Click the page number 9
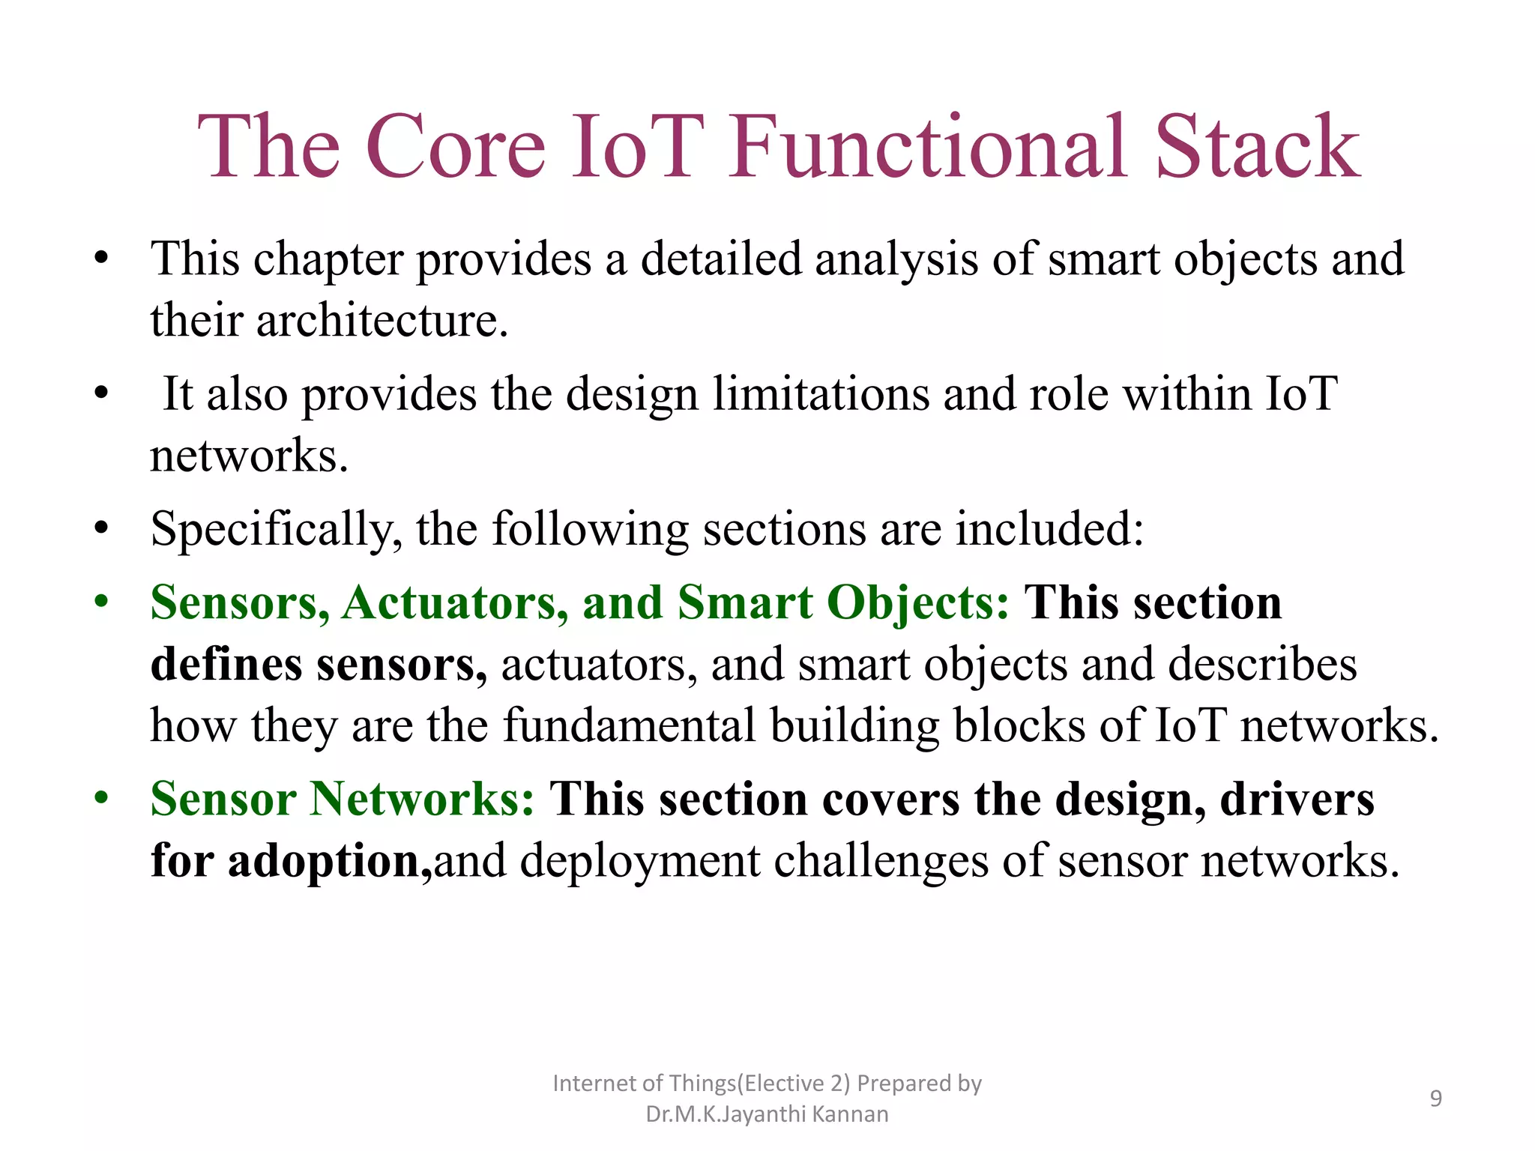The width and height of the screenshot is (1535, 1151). [1435, 1099]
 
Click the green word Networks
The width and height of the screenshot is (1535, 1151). [422, 799]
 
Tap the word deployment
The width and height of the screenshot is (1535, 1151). [639, 861]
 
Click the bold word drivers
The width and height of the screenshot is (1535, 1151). [1297, 799]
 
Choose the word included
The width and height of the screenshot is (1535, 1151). [1049, 529]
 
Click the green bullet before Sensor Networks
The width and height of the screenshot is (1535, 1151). [101, 797]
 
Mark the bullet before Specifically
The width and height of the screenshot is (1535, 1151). [101, 528]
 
